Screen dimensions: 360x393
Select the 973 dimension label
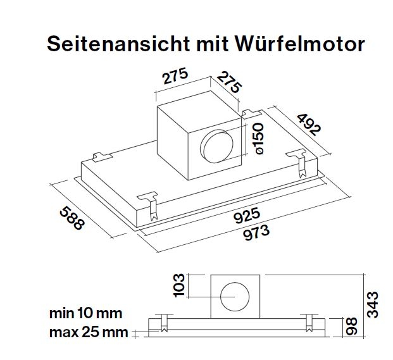[256, 232]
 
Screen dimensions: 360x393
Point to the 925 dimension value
[246, 216]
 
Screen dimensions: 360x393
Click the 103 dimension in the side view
[179, 285]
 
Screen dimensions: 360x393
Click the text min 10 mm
[85, 313]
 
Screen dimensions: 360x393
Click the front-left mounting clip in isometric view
[150, 204]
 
